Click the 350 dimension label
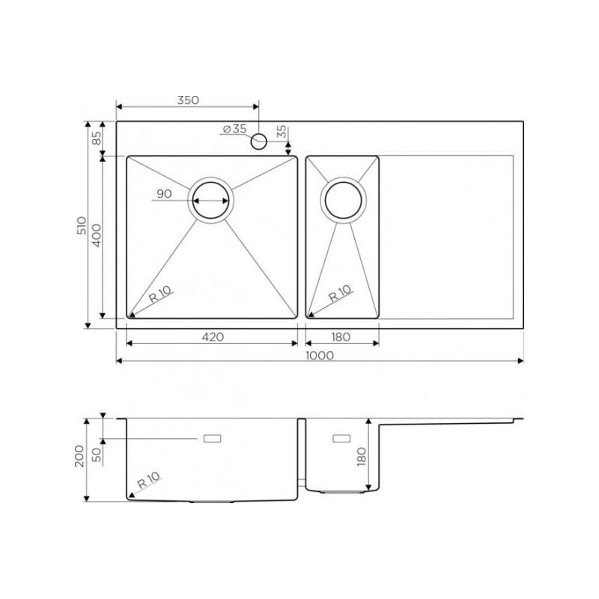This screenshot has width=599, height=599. (x=188, y=100)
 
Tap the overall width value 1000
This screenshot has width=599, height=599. (x=320, y=356)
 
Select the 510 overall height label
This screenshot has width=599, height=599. (x=82, y=225)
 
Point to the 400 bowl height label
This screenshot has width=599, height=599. (x=97, y=235)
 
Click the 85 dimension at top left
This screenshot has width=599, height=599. (x=97, y=138)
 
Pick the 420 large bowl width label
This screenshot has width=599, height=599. (x=213, y=337)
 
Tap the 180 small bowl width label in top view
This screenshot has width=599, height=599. (x=341, y=337)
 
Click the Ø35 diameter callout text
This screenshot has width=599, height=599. (x=234, y=129)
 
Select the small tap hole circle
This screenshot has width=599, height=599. (x=258, y=142)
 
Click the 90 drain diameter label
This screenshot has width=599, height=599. (x=164, y=194)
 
